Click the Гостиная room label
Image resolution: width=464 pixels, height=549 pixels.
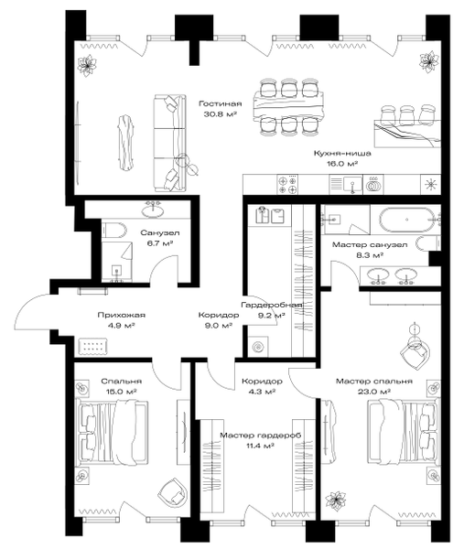tap(221, 103)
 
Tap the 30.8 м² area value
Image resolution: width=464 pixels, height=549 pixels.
tap(221, 113)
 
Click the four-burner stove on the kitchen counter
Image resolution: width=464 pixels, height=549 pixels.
tap(288, 185)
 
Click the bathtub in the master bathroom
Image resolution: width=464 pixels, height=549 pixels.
tap(406, 220)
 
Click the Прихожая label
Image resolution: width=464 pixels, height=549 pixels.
tap(121, 315)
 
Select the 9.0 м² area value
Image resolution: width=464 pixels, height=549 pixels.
tap(219, 326)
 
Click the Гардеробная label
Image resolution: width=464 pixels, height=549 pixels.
tap(272, 306)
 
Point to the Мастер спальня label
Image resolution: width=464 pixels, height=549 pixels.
tap(374, 382)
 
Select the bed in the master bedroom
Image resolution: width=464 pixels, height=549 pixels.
tap(403, 431)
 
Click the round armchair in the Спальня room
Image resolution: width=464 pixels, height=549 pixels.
tap(172, 492)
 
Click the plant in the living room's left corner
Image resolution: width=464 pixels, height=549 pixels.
tap(87, 65)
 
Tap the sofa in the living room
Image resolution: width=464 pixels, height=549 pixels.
tap(169, 144)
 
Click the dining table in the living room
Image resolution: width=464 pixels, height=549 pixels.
tap(288, 106)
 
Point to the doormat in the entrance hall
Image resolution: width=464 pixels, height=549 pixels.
tap(92, 346)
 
